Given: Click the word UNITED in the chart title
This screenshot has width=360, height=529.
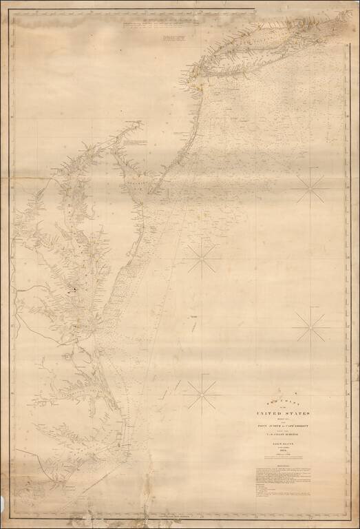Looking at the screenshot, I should pyautogui.click(x=270, y=413).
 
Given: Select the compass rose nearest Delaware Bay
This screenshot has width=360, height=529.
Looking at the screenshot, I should pyautogui.click(x=202, y=258).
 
